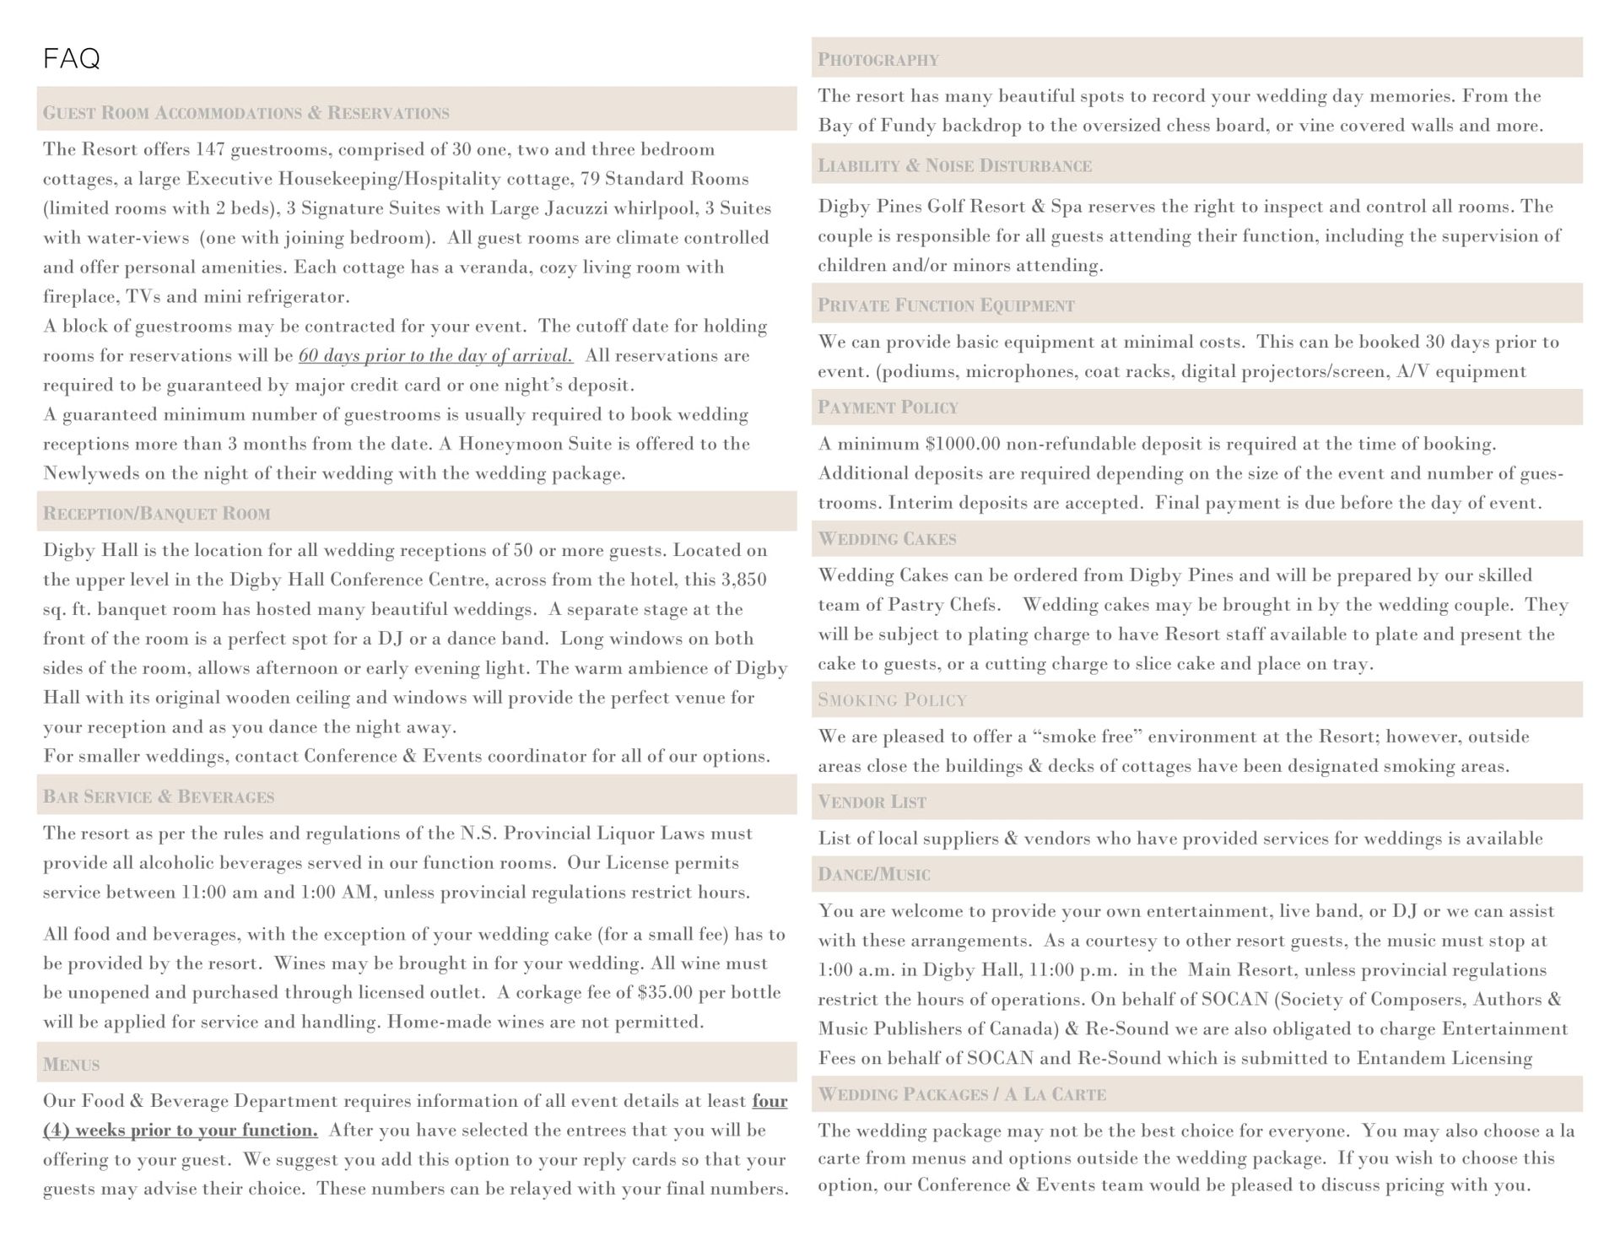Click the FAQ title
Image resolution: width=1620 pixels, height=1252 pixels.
point(72,58)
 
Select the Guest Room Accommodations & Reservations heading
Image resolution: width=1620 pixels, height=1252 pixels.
point(246,113)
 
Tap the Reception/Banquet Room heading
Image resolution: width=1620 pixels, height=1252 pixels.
point(156,514)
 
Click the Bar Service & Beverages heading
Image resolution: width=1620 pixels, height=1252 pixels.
point(159,796)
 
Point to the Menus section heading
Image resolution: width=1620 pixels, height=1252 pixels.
point(71,1065)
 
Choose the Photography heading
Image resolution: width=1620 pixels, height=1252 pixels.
point(877,60)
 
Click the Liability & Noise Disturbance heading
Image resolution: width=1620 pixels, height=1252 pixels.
point(954,165)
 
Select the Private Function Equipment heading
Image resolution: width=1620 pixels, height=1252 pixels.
point(946,305)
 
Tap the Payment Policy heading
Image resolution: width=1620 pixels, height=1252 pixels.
point(888,407)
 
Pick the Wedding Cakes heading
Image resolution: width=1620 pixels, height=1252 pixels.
point(887,539)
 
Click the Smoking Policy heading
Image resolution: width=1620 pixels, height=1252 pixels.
point(892,700)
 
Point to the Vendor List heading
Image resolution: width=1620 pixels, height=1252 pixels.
point(872,802)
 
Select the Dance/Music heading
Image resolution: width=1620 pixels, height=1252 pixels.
point(873,875)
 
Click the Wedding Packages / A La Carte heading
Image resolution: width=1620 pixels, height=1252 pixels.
point(962,1095)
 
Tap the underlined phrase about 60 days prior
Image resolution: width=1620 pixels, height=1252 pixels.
point(435,356)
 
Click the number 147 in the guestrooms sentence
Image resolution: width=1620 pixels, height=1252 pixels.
point(210,150)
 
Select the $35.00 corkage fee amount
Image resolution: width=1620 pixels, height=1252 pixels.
point(666,993)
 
